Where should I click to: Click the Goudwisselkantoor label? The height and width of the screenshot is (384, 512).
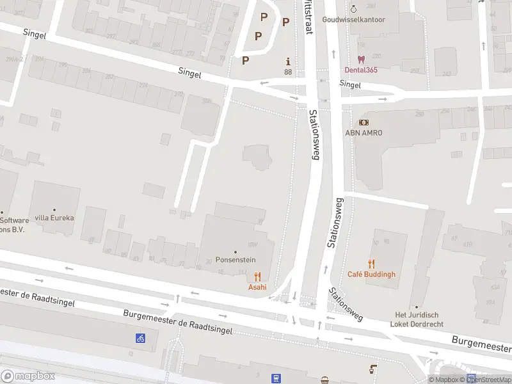coord(354,20)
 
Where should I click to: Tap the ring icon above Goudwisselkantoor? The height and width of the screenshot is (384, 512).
coord(354,8)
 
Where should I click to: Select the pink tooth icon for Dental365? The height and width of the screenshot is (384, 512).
coord(361,60)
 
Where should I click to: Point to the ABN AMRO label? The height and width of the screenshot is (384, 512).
coord(364,132)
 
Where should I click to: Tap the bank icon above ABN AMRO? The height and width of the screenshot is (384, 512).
coord(364,122)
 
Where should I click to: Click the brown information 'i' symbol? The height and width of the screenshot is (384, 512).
coord(288,62)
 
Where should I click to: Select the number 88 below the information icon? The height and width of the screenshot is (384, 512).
coord(288,72)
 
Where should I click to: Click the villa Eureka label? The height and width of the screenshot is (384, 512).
coord(54,218)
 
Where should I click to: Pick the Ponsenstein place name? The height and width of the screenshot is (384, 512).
coord(236,260)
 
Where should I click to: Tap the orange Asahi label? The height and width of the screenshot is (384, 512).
coord(257,287)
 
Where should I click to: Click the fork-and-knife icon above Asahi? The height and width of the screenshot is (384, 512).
coord(257,276)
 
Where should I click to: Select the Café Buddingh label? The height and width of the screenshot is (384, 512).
coord(371,275)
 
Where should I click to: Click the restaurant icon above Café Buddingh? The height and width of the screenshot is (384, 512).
coord(371,264)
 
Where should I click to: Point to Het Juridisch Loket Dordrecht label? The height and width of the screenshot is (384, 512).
coord(417,319)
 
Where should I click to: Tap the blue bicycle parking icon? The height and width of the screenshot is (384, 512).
coord(140,338)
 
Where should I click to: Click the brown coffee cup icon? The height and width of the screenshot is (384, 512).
coord(373,369)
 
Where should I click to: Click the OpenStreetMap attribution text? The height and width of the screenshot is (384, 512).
coord(489,380)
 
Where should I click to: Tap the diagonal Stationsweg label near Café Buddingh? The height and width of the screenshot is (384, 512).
coord(346,303)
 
